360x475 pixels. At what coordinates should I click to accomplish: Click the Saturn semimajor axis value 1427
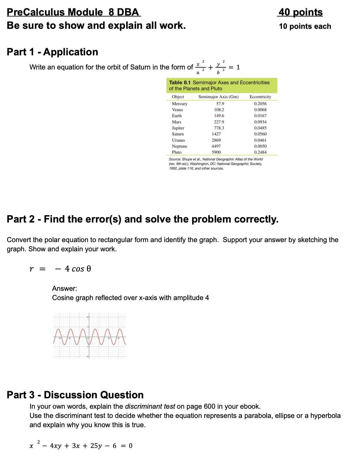(x=216, y=134)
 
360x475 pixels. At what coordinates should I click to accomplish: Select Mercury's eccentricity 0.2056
(x=260, y=104)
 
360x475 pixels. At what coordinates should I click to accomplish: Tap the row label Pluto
(x=177, y=152)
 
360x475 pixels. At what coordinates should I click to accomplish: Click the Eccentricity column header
(x=260, y=97)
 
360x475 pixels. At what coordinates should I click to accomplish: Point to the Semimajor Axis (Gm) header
(x=218, y=97)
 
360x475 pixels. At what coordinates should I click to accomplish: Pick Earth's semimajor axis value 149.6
(x=219, y=116)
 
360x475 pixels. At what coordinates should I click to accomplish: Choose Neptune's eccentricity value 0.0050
(x=260, y=146)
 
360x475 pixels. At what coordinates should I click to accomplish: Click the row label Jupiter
(x=178, y=128)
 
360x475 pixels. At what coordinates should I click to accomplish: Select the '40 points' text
(x=300, y=12)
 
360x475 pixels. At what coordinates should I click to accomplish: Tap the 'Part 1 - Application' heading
(x=52, y=52)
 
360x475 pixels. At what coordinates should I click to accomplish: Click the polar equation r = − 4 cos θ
(x=60, y=269)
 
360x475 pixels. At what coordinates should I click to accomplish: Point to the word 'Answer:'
(x=65, y=289)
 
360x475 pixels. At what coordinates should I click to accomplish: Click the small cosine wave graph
(x=90, y=336)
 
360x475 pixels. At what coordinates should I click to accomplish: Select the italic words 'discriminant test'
(x=150, y=406)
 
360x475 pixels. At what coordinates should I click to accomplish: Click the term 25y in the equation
(x=96, y=446)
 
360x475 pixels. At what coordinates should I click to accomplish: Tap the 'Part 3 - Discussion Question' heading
(x=75, y=395)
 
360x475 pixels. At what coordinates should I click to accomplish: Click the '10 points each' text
(x=305, y=27)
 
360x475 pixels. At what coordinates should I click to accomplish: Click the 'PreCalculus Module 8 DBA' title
(x=73, y=12)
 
